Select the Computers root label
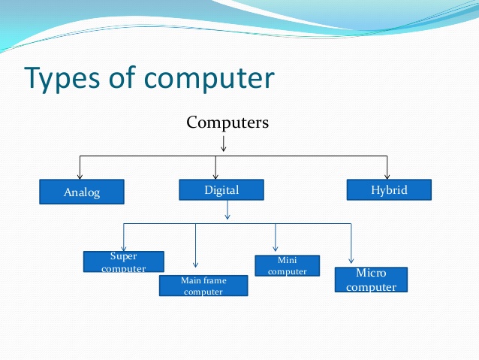coord(227,122)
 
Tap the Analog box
coord(80,192)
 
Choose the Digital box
coord(221,190)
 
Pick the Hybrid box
coord(389,190)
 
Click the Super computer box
coord(123,262)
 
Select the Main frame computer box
coord(203,286)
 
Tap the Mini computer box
coord(287,265)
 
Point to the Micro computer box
coord(371,280)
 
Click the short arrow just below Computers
coord(224,143)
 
